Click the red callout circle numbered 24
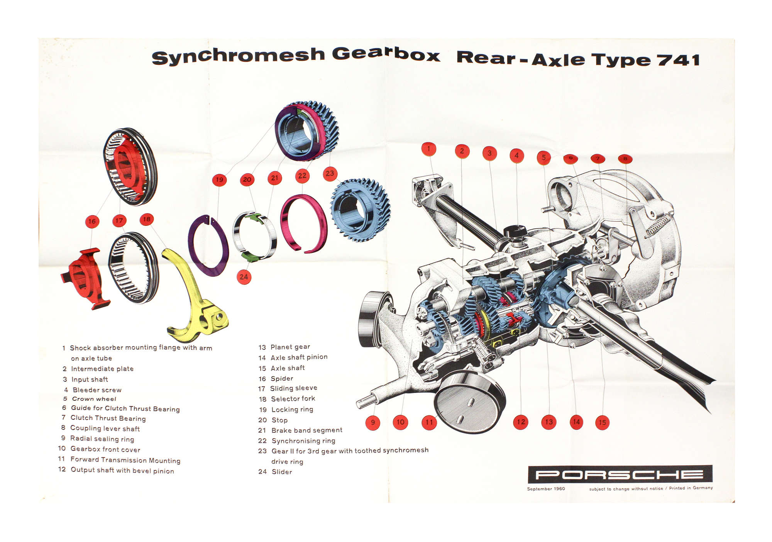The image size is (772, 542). [244, 277]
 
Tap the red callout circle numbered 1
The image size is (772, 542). [428, 149]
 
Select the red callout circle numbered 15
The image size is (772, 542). [602, 422]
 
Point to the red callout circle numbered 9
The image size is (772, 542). [372, 422]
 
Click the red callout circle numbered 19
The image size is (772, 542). [219, 180]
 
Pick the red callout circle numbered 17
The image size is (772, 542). [119, 221]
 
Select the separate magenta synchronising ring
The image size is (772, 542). [304, 224]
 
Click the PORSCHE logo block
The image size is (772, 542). [620, 474]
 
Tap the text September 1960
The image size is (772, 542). [546, 489]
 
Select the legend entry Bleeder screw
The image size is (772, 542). [97, 390]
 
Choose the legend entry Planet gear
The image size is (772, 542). [290, 347]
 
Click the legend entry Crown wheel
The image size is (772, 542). [94, 399]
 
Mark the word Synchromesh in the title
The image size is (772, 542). [238, 56]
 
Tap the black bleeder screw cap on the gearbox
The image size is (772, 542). [515, 232]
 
